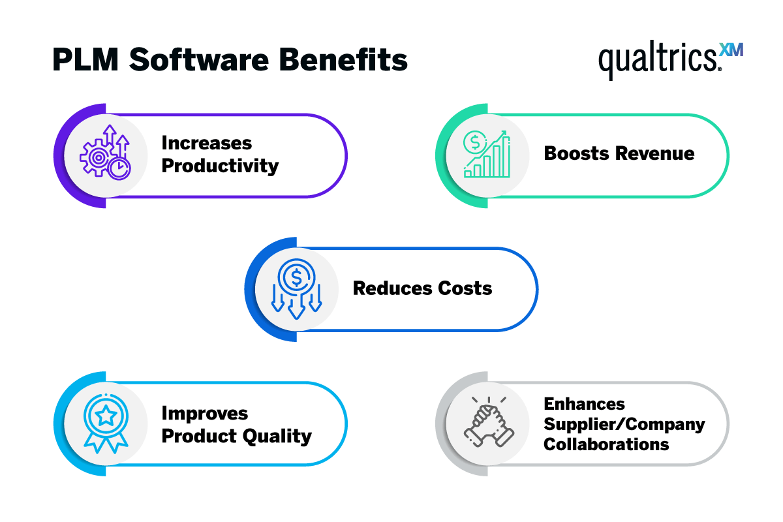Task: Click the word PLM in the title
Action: (x=84, y=60)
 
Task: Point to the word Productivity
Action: (x=220, y=166)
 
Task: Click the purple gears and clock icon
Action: (x=105, y=154)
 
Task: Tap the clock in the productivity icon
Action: (x=119, y=168)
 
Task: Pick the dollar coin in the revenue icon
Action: (x=474, y=142)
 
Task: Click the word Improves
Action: (x=195, y=414)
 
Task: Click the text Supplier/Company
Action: (x=624, y=424)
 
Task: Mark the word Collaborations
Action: (x=606, y=445)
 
